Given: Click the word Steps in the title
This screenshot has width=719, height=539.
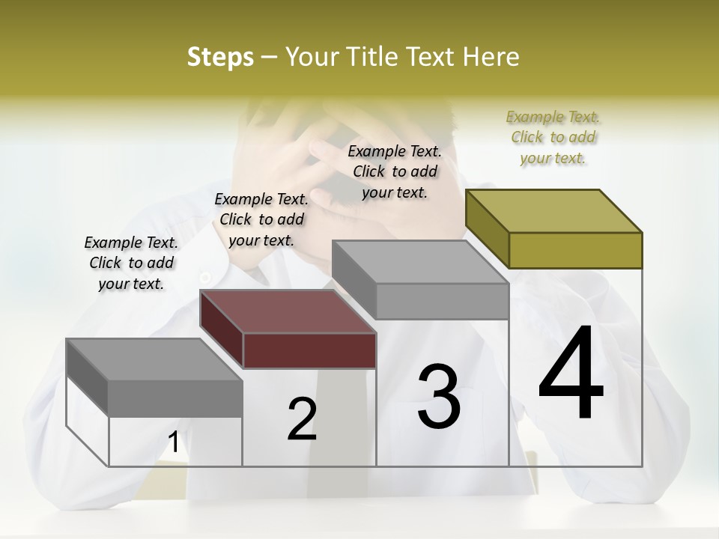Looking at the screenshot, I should tap(220, 57).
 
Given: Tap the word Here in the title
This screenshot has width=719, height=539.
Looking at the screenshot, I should tap(491, 57).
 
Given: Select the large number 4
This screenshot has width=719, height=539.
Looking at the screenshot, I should tap(571, 374).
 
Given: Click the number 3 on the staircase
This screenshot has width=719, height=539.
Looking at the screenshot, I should tap(439, 397).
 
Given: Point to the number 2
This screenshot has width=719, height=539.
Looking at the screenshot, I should tap(302, 419).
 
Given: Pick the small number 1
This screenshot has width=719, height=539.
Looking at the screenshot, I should tap(174, 442).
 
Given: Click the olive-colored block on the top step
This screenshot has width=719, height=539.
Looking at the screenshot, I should tap(554, 228).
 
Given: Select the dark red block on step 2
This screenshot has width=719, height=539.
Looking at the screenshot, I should tap(288, 329).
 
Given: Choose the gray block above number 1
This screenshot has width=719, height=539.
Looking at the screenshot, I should tap(154, 378).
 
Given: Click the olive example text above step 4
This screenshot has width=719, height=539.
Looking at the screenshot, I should tap(553, 138).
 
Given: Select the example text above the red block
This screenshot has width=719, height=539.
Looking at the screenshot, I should tap(261, 220).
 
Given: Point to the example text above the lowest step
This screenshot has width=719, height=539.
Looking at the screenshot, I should tap(131, 264).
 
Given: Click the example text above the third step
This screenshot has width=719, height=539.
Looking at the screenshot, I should tap(395, 172).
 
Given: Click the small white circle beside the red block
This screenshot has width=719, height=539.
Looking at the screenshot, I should tap(205, 278).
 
